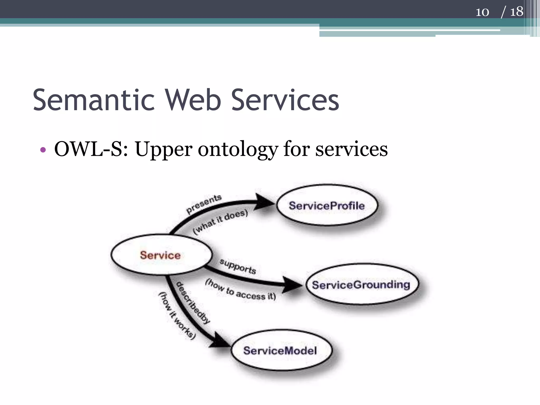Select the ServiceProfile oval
(x=327, y=205)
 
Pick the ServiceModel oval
(x=281, y=350)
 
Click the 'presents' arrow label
(x=204, y=204)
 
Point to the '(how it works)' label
(x=177, y=315)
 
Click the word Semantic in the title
(x=94, y=100)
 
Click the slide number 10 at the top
(x=482, y=12)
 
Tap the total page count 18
(x=517, y=12)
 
